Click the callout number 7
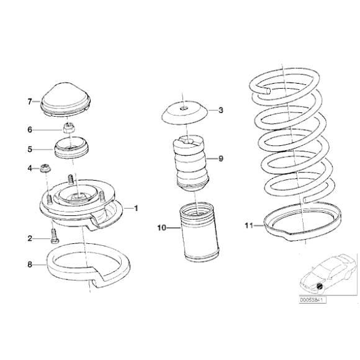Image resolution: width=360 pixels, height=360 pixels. (30, 100)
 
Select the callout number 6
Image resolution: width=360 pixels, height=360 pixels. (30, 130)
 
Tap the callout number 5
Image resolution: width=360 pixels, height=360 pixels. (30, 149)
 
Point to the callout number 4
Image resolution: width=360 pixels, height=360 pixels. (30, 168)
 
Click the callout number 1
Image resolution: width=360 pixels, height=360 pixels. (137, 207)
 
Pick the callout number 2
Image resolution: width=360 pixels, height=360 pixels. (30, 237)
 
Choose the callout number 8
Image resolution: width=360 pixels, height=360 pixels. (30, 264)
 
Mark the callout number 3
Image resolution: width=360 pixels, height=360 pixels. (220, 111)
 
